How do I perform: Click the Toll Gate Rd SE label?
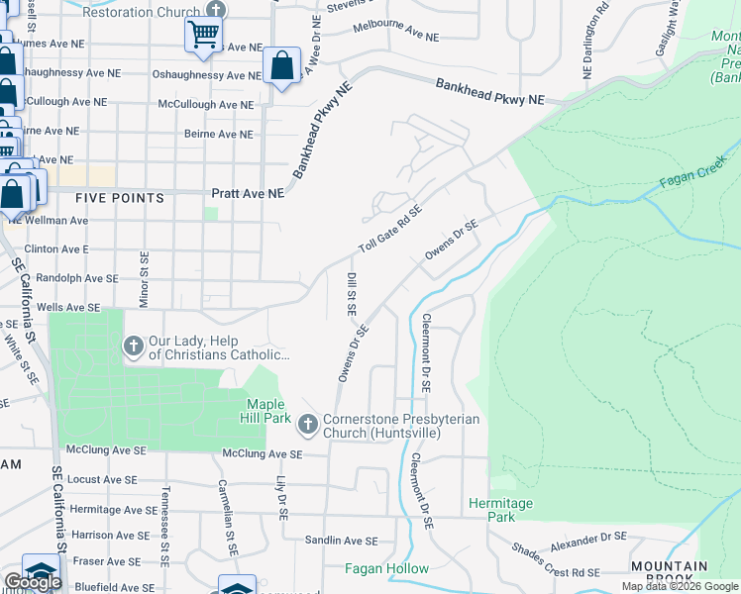point(390,229)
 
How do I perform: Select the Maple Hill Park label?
point(265,411)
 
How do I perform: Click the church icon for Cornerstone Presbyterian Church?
point(308,424)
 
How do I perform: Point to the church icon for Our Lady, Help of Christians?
point(133,346)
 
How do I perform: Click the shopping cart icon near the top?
point(203,34)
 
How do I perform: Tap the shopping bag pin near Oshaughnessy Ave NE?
point(282,67)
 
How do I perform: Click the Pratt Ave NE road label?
point(248,194)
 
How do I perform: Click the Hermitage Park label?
point(500,510)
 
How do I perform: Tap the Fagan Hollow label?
point(386,568)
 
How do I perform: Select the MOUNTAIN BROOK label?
point(669,573)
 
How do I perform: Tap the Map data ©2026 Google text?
point(679,586)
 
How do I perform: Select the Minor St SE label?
point(144,278)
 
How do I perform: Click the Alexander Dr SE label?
point(589,541)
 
